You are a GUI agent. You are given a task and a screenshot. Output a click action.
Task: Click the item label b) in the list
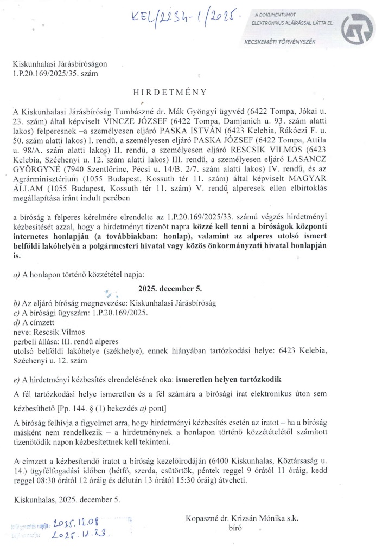point(16,303)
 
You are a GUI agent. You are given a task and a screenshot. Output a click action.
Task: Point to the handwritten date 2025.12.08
point(75,523)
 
